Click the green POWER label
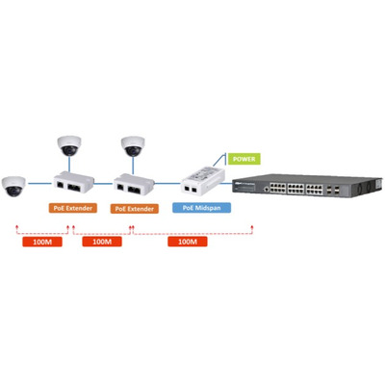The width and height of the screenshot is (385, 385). [244, 159]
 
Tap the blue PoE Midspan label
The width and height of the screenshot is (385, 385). [201, 208]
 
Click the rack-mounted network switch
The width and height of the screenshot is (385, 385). [307, 186]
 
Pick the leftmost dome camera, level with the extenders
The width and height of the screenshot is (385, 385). [13, 186]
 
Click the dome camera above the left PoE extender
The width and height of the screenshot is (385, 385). [69, 145]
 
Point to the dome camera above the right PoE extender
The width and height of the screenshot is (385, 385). [133, 146]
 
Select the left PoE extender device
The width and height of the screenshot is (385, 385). [74, 182]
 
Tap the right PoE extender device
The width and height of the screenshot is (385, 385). [134, 184]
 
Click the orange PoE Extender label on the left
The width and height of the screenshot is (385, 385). [73, 208]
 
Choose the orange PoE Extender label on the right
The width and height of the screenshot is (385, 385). [135, 209]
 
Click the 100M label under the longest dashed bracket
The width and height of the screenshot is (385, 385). [188, 242]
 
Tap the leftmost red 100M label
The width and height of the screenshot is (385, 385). [42, 242]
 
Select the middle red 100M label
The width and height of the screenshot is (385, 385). [102, 242]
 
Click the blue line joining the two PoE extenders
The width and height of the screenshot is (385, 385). [104, 184]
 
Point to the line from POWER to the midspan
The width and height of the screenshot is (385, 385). [220, 160]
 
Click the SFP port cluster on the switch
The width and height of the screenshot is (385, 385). [333, 190]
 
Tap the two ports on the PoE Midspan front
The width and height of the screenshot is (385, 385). [190, 190]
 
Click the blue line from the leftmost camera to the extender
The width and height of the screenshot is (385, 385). [39, 184]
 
